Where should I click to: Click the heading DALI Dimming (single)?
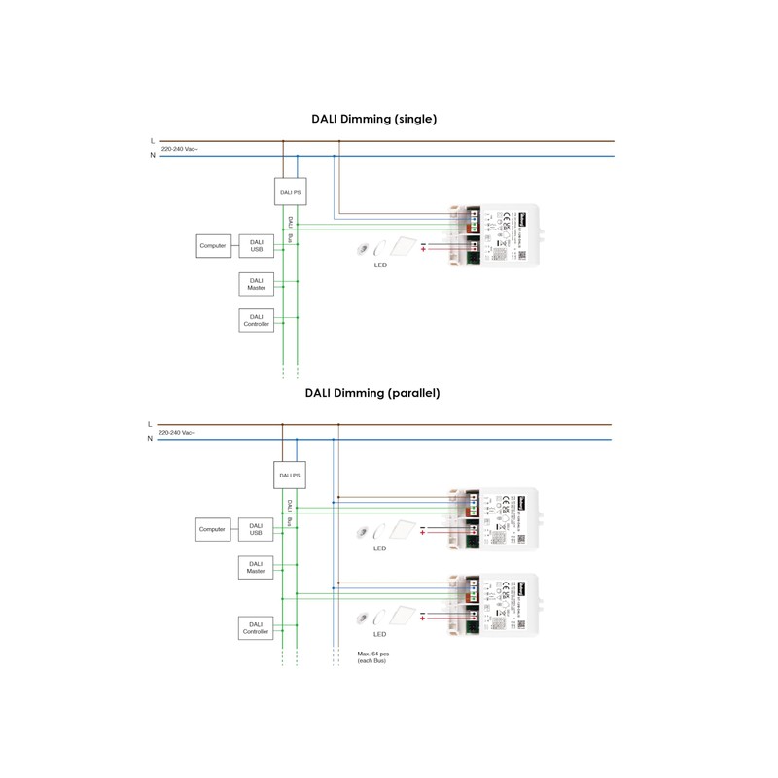coord(373,119)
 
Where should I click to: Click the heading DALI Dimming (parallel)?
coord(372,393)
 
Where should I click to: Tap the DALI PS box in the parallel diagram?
coord(290,475)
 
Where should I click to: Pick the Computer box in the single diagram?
coord(213,246)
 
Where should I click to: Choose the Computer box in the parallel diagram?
coord(212,529)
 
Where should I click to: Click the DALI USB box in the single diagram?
coord(257,246)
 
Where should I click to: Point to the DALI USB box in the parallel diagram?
coord(257,529)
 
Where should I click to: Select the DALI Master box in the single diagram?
coord(257,284)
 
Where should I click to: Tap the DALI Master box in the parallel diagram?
coord(257,567)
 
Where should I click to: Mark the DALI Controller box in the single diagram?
coord(257,320)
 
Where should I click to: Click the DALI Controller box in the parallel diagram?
coord(257,628)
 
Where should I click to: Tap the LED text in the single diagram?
coord(381,265)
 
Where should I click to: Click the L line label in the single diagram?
coord(152,142)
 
